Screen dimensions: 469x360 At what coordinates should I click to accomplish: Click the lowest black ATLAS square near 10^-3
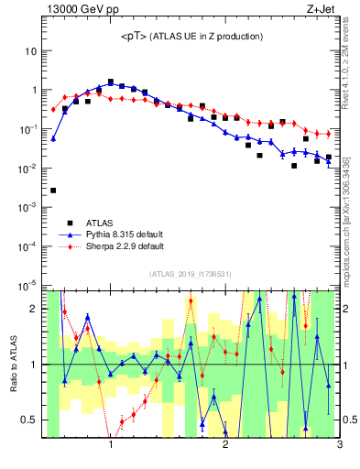coord(53,191)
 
